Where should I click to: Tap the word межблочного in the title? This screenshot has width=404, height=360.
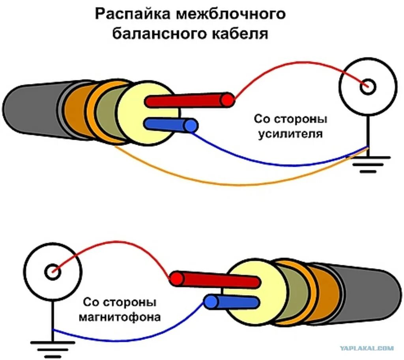(231, 15)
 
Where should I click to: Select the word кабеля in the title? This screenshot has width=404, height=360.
(238, 34)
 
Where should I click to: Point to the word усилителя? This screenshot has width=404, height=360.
(290, 133)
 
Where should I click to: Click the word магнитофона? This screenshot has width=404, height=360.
(120, 317)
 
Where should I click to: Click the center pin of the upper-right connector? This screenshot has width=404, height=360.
(368, 86)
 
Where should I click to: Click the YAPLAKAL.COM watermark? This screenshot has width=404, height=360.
(367, 348)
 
